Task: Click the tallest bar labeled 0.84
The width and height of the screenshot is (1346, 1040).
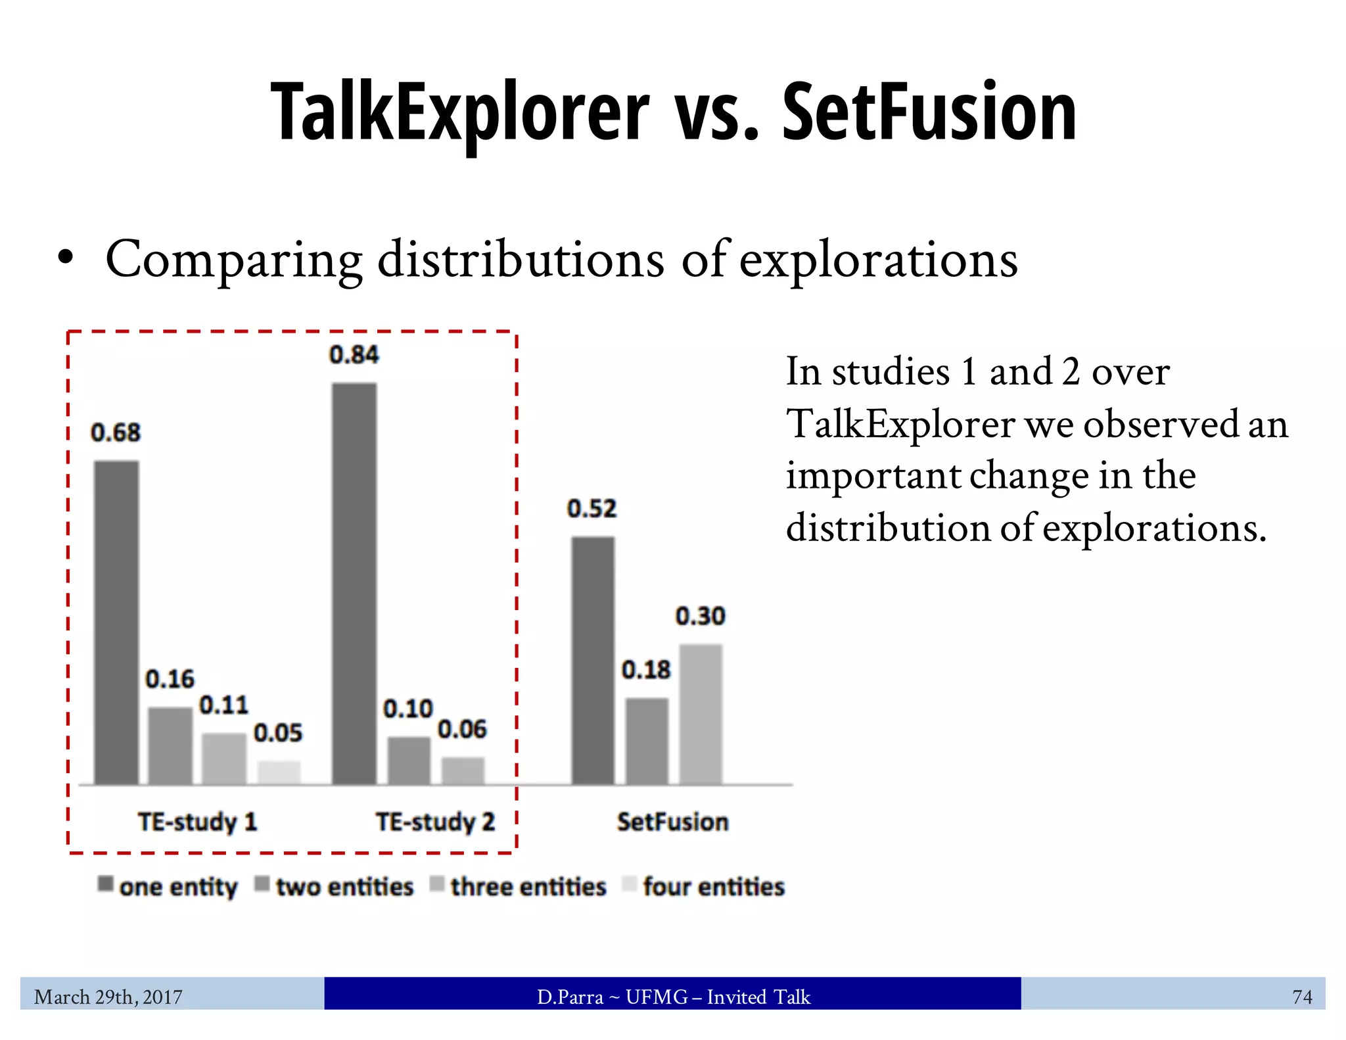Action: pyautogui.click(x=354, y=583)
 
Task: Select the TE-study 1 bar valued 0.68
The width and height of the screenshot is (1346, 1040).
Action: pyautogui.click(x=116, y=622)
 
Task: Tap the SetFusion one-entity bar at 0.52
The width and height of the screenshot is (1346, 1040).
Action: pyautogui.click(x=593, y=660)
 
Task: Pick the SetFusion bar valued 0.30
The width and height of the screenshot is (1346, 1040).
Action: pyautogui.click(x=701, y=714)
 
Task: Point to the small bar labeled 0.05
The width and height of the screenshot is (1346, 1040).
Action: pyautogui.click(x=279, y=772)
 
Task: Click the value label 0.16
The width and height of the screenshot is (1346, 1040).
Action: pyautogui.click(x=170, y=679)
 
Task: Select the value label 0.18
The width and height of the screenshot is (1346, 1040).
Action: pyautogui.click(x=646, y=670)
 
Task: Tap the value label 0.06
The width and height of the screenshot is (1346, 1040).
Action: pyautogui.click(x=462, y=729)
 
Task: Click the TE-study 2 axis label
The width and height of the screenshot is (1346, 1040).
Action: pyautogui.click(x=435, y=822)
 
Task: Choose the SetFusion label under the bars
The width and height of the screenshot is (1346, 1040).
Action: pyautogui.click(x=672, y=822)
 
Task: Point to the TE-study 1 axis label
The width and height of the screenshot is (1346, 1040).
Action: pyautogui.click(x=197, y=822)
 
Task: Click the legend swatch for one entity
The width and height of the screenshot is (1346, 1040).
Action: pyautogui.click(x=106, y=884)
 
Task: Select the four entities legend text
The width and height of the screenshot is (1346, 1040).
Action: pyautogui.click(x=714, y=887)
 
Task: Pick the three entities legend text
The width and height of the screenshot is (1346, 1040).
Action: pyautogui.click(x=528, y=887)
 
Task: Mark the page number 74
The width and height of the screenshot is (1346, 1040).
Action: pyautogui.click(x=1302, y=997)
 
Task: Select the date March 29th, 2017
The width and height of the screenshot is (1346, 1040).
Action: pyautogui.click(x=108, y=997)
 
